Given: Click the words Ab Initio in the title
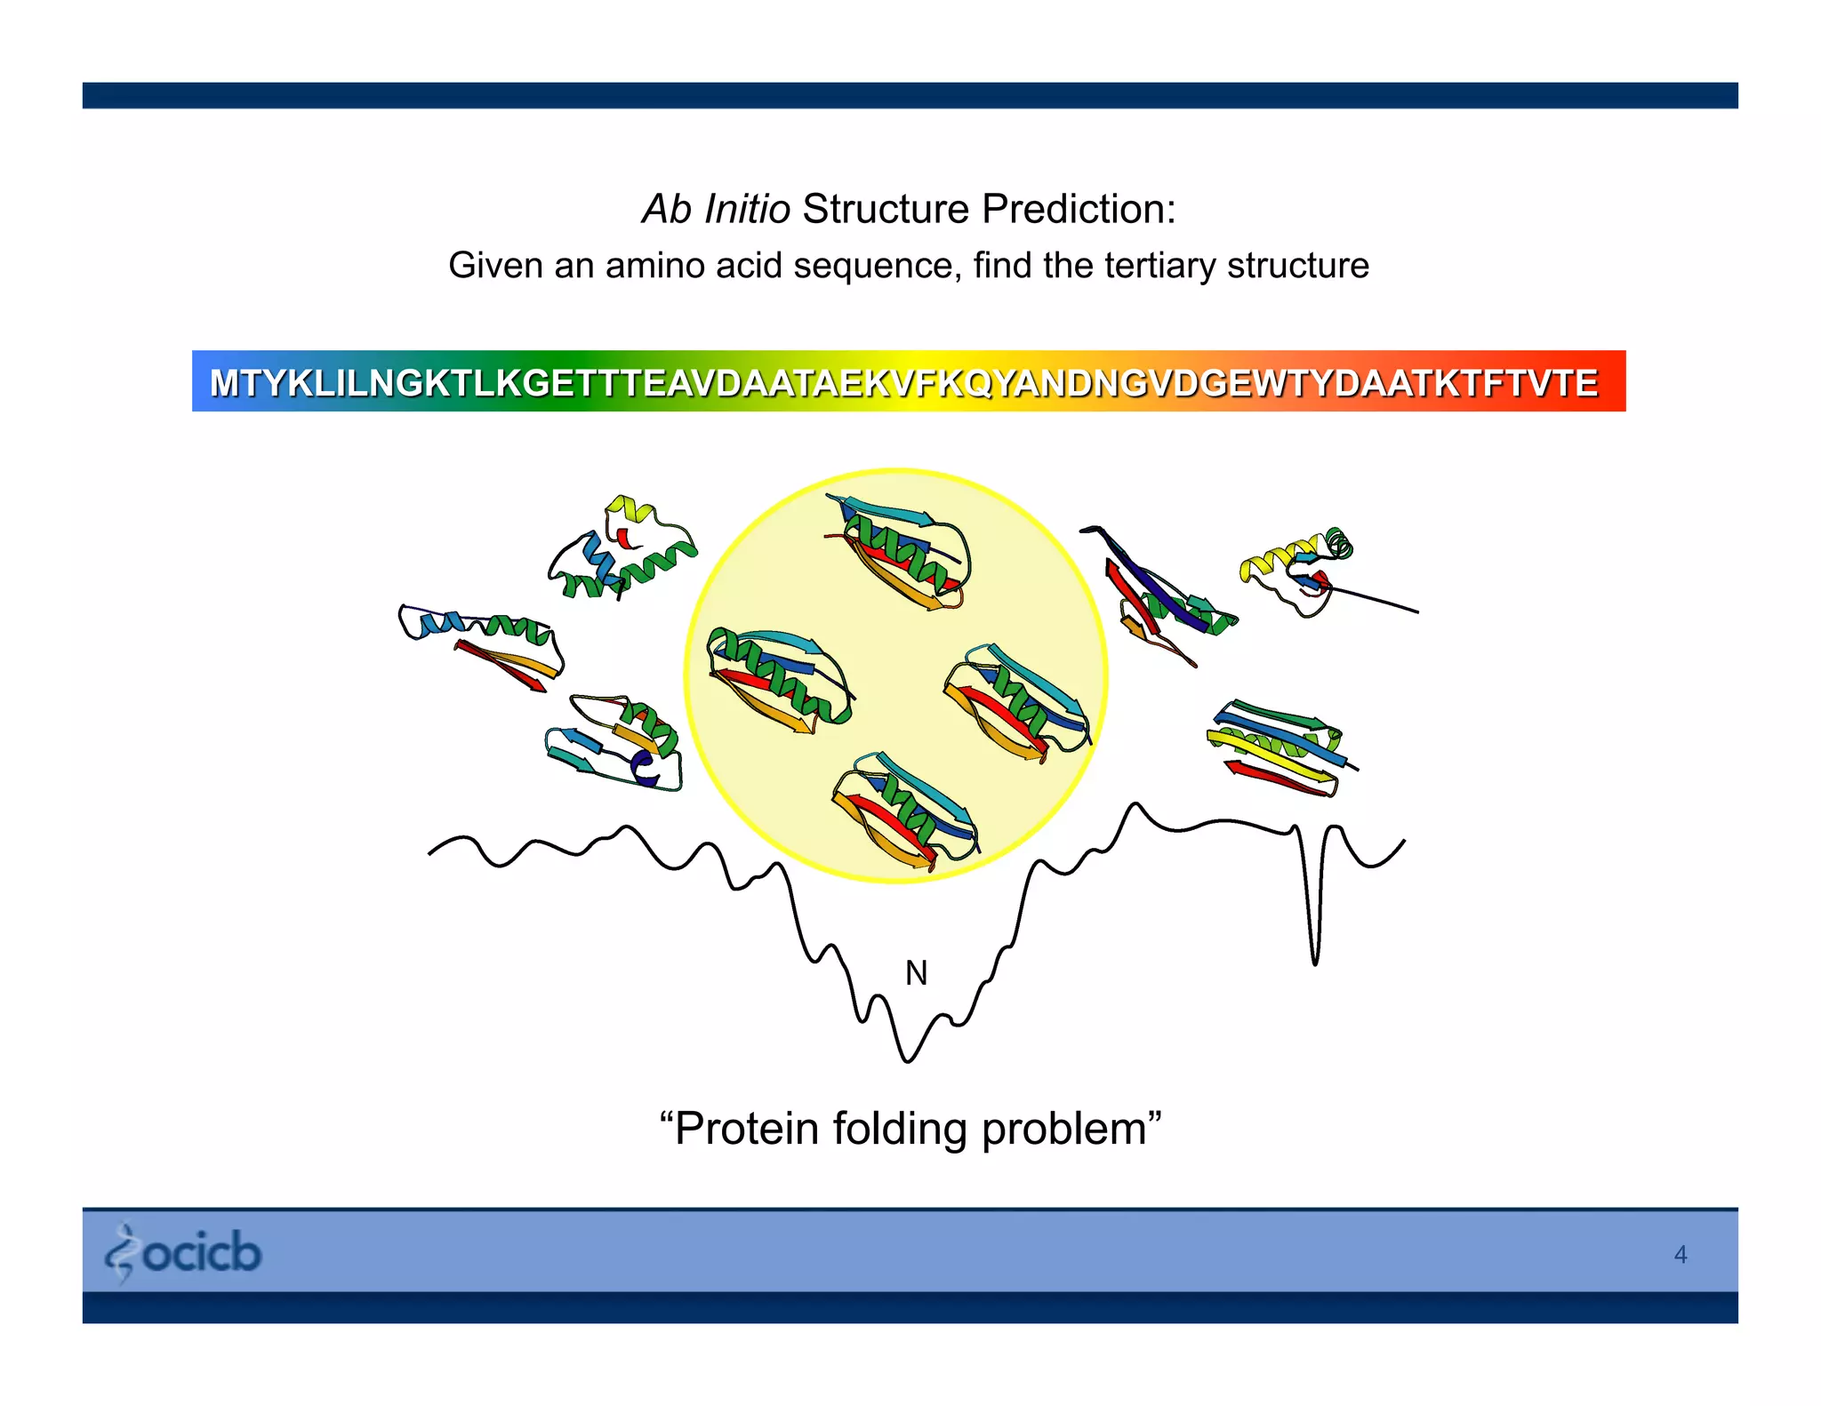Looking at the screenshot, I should click(x=716, y=210).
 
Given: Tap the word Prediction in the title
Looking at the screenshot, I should click(x=1078, y=210).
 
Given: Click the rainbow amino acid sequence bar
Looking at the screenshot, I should click(x=909, y=381).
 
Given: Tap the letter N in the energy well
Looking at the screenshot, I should click(x=916, y=973).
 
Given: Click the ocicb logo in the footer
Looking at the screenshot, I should click(x=184, y=1252).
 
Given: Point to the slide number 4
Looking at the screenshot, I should click(x=1680, y=1254).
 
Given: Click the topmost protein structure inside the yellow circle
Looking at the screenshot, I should click(x=898, y=551).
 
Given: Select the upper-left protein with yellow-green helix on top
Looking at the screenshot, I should click(x=622, y=551).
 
